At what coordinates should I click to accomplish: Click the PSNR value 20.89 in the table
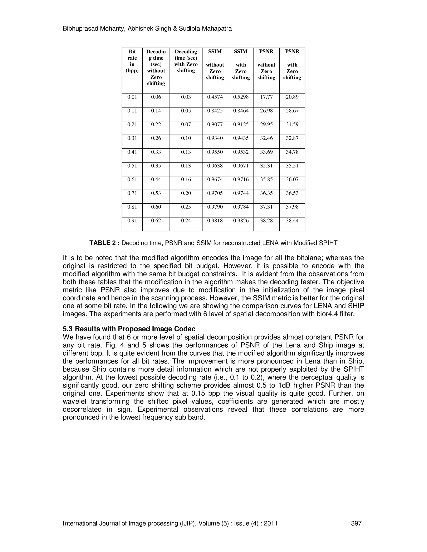click(x=292, y=97)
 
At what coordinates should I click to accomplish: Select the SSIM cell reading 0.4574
click(x=215, y=97)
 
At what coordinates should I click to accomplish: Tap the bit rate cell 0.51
click(x=132, y=166)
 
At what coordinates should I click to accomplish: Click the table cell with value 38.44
click(x=292, y=221)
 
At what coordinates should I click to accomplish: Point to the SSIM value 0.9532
click(x=241, y=152)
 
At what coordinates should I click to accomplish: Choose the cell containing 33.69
click(x=266, y=152)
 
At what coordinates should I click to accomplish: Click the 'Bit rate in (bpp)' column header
click(x=132, y=61)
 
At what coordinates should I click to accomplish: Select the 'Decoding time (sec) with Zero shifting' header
click(x=186, y=61)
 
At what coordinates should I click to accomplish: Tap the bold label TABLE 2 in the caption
click(x=104, y=243)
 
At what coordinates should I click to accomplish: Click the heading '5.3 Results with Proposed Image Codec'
click(x=129, y=329)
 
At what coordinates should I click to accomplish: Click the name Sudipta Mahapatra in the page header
click(x=205, y=29)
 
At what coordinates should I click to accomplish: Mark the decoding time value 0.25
click(x=186, y=207)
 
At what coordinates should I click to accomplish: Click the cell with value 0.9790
click(x=215, y=207)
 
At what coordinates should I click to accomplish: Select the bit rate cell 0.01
click(x=132, y=97)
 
